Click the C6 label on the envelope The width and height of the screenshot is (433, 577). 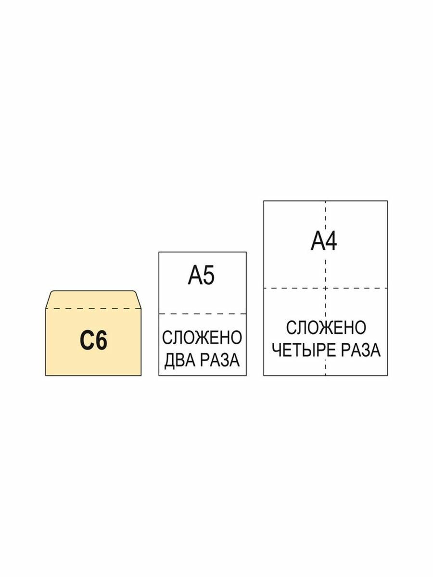93,341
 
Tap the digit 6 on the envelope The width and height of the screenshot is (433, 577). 101,341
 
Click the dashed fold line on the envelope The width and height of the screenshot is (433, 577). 93,308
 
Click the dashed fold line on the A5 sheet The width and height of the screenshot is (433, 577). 203,314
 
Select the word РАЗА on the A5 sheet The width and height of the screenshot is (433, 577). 220,360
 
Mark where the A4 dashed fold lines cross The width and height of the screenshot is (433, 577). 326,288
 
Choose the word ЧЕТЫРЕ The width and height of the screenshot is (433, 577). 303,350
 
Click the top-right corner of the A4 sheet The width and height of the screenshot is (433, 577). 387,201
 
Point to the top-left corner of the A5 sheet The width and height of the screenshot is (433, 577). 159,252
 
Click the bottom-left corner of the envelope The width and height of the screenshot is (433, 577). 46,376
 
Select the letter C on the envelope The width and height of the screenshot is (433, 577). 86,341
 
